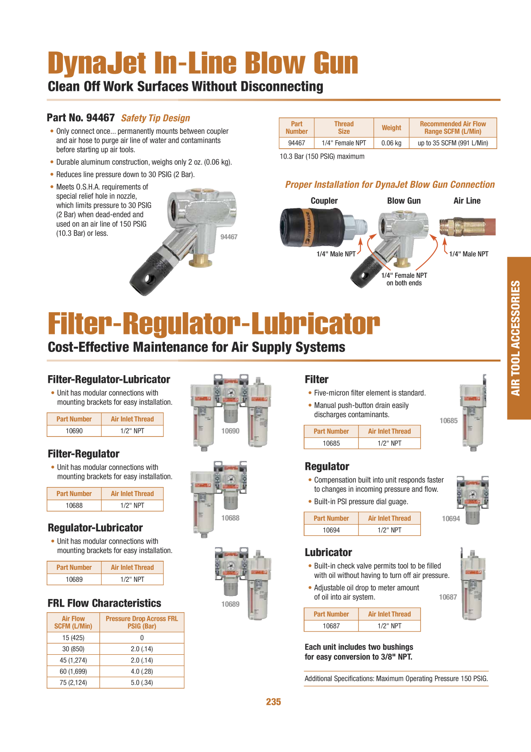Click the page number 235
tap(273, 702)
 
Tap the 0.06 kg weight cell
tap(391, 143)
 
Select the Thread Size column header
tap(344, 128)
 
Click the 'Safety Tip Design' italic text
tap(155, 118)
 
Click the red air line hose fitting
tap(467, 226)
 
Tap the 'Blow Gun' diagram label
tap(404, 201)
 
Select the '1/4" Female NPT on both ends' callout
tap(404, 279)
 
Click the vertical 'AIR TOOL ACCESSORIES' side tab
tap(519, 338)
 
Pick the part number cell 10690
tap(74, 431)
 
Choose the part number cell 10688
tap(74, 505)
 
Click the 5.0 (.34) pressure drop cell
tap(142, 683)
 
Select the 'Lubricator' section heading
tap(328, 553)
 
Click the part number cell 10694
tap(331, 530)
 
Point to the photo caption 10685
tap(448, 421)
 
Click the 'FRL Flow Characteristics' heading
tap(104, 603)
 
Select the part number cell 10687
tap(331, 626)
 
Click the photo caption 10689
tap(230, 604)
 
